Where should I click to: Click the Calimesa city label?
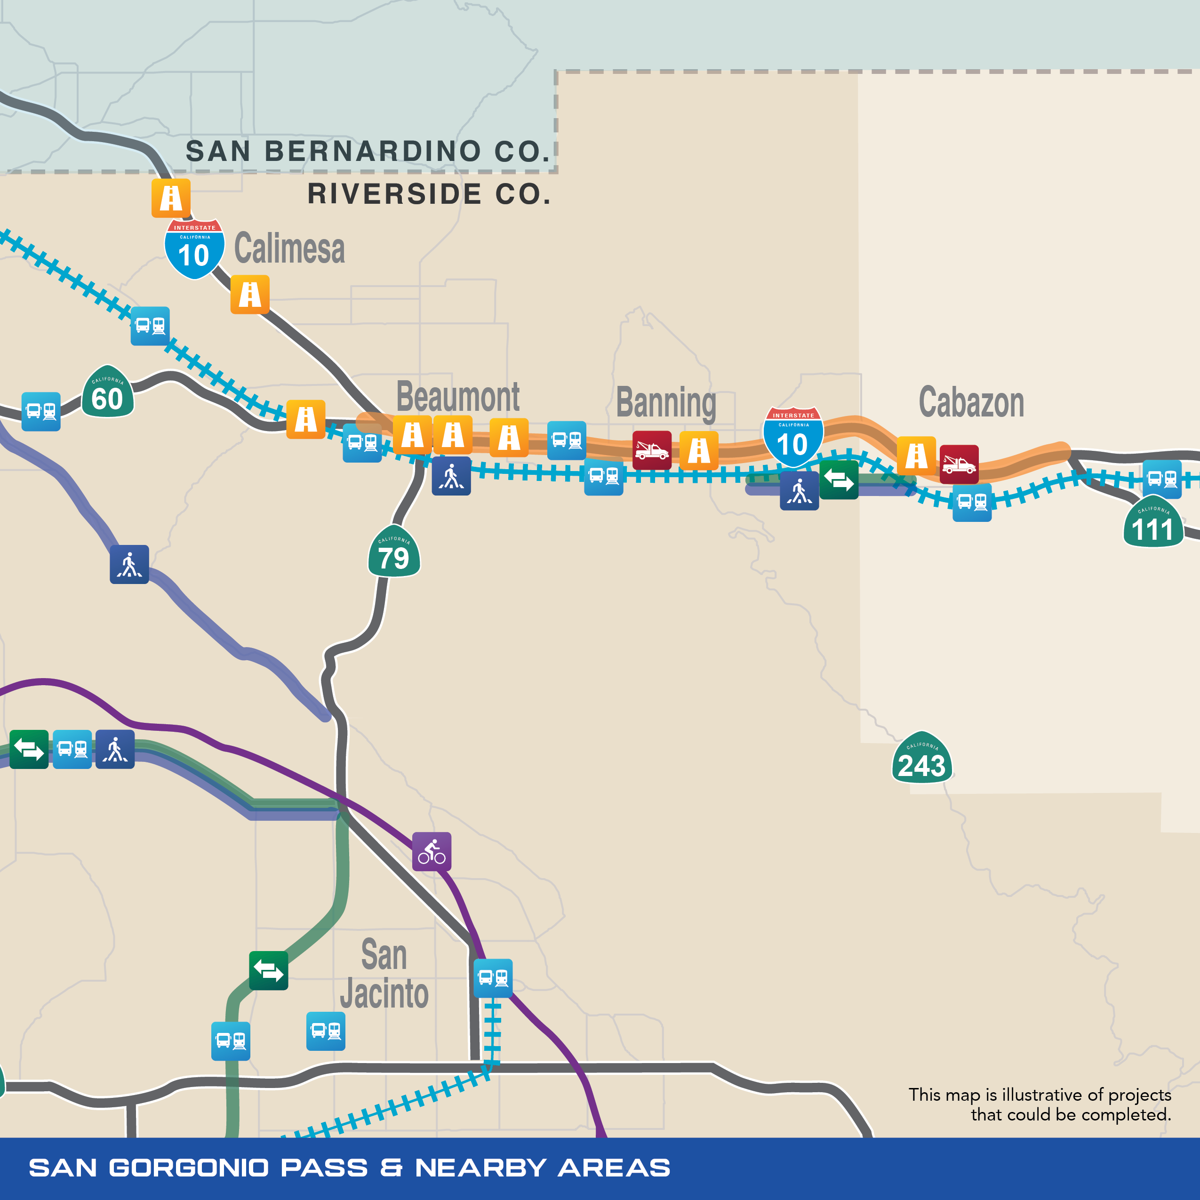[x=289, y=248]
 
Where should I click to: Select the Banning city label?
[x=666, y=402]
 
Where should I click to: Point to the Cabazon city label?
[x=971, y=402]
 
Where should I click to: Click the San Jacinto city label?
[x=384, y=974]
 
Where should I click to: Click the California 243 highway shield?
[x=922, y=759]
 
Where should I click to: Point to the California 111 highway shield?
[x=1153, y=522]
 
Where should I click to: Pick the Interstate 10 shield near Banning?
[x=792, y=437]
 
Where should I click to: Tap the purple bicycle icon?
[x=432, y=852]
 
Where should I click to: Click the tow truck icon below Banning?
[x=652, y=450]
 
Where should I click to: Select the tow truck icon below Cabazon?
[x=959, y=464]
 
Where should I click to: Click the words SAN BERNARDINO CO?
[x=368, y=152]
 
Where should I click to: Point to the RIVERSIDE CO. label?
[x=429, y=194]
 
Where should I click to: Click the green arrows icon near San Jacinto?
[x=268, y=970]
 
